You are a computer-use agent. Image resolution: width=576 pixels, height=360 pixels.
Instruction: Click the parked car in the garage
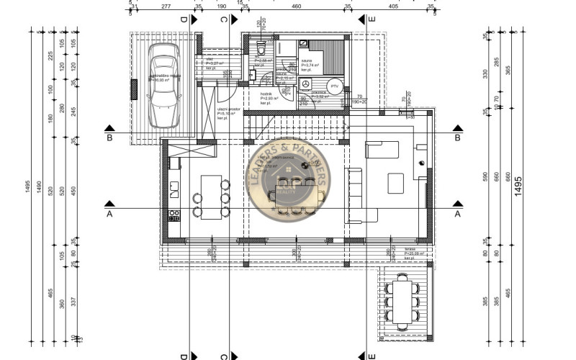coord(164,84)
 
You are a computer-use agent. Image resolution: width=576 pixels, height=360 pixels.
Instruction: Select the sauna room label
coord(306,62)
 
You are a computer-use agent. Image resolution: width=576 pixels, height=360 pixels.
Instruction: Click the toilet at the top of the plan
coord(262,50)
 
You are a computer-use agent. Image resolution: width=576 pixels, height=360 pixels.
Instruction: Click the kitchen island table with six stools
coord(211,197)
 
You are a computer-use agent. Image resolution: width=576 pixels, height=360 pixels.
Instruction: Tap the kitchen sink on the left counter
coord(174,190)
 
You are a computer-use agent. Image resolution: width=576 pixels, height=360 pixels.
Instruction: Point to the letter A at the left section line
coord(109,214)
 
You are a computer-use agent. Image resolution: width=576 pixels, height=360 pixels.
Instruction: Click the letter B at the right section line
coord(456,138)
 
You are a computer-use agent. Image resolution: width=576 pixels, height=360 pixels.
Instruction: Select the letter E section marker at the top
coord(371,19)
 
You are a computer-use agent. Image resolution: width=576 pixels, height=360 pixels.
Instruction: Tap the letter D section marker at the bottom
coord(184,354)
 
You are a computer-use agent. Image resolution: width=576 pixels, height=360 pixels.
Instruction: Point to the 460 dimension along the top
coord(295,6)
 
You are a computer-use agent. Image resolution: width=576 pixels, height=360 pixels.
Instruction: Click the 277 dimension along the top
coord(166,6)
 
